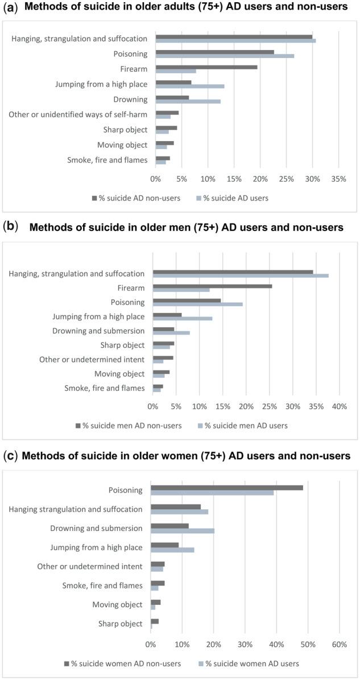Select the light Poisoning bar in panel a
(225, 56)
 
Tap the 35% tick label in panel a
(338, 179)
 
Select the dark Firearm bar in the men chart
(212, 286)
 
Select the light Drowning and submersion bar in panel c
(183, 531)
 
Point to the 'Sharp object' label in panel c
(121, 624)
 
